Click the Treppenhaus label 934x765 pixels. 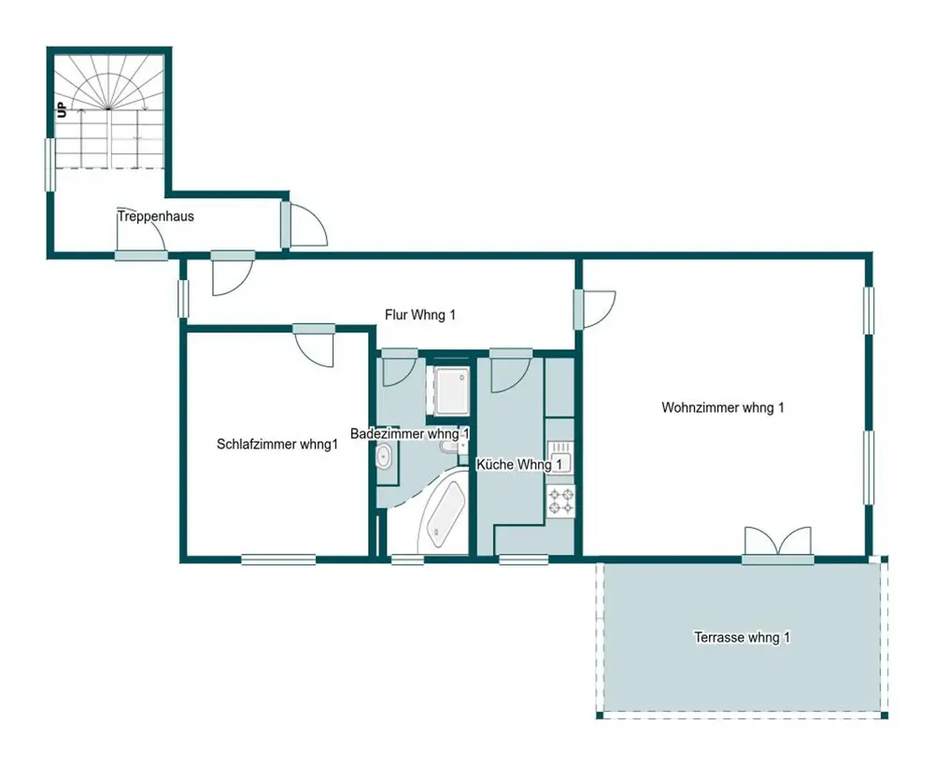coord(156,217)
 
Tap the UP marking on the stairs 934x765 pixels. coord(62,110)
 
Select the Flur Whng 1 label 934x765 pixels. coord(420,315)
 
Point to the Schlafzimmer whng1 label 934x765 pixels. coord(277,445)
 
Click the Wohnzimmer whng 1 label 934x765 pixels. coord(723,407)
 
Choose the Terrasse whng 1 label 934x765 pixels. coord(743,637)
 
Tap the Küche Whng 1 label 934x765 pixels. coord(518,464)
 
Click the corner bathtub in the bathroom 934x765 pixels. coord(443,514)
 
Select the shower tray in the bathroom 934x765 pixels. coord(451,390)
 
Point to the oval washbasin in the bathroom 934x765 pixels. coord(384,458)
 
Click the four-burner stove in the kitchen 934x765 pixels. coord(560,501)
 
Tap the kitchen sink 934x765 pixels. coord(559,457)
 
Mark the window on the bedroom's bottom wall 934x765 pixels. coord(278,560)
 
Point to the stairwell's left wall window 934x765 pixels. coord(50,165)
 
